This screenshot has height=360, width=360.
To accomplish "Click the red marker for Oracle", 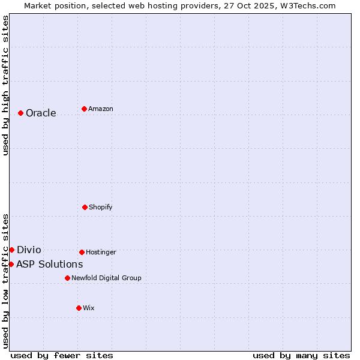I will click(20, 113).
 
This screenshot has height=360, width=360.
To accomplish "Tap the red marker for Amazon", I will click(84, 109).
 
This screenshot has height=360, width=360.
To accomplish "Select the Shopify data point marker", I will click(85, 207).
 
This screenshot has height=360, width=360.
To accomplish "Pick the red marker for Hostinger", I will click(82, 252).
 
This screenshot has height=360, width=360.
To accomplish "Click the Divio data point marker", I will click(11, 250).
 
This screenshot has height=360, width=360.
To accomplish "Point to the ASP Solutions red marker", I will click(11, 264).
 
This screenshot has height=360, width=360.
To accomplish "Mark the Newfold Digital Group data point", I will click(67, 278).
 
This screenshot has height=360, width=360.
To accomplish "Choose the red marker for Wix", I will click(79, 308).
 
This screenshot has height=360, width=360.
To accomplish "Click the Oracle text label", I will click(41, 113).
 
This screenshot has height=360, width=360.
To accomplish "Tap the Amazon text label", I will click(101, 109).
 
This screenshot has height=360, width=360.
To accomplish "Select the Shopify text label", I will click(101, 207).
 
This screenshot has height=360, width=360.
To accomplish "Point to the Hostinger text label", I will click(101, 252).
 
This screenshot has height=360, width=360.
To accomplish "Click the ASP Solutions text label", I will click(50, 264).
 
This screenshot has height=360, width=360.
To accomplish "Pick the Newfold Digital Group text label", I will click(106, 278).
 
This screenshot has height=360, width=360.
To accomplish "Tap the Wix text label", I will click(89, 308).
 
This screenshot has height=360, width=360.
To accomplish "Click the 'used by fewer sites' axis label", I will click(62, 355).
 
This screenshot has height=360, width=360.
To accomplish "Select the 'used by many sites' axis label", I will click(301, 355).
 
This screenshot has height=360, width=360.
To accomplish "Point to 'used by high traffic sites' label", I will click(5, 85).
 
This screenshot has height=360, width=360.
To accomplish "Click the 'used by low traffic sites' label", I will click(5, 280).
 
